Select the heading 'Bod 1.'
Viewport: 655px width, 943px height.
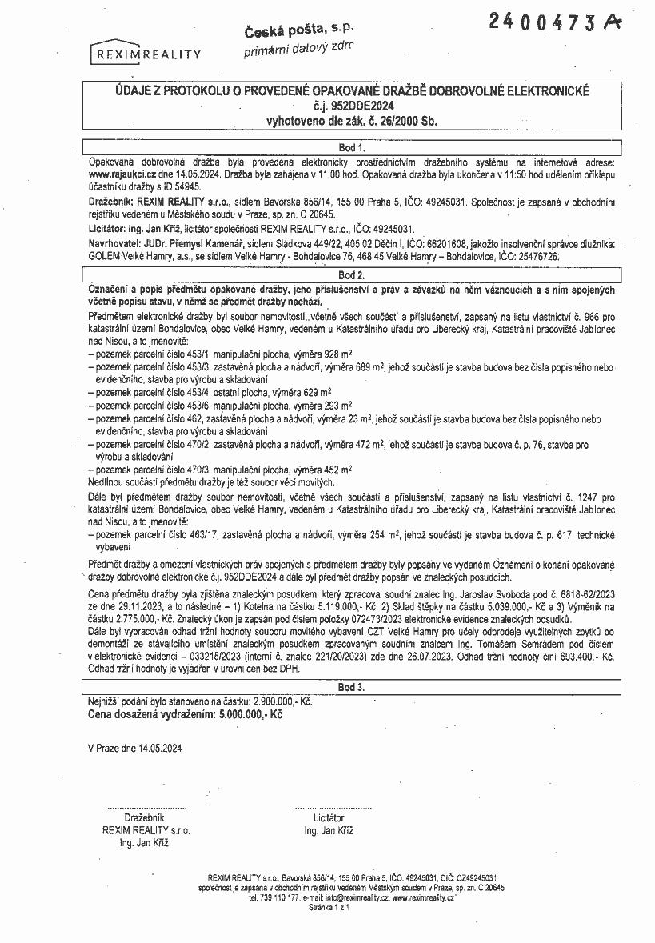pos(351,148)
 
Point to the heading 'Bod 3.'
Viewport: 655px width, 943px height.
pos(351,687)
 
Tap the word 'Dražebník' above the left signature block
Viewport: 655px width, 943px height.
pos(145,818)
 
